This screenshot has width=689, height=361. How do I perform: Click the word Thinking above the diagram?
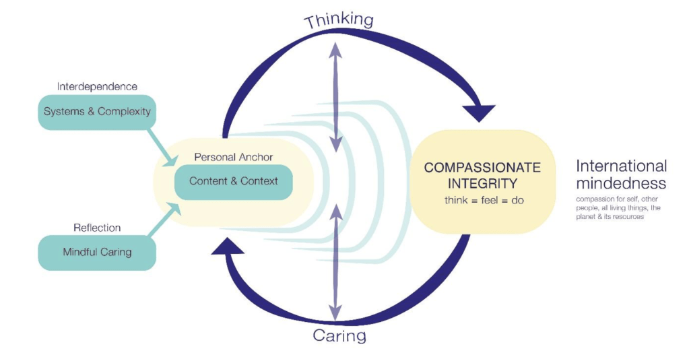[x=339, y=20]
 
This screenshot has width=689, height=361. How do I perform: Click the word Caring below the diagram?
[x=340, y=335]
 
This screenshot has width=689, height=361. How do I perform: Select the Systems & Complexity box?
[x=97, y=111]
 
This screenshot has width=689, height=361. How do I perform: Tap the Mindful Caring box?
[x=97, y=253]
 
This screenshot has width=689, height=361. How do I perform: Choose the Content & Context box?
[x=233, y=181]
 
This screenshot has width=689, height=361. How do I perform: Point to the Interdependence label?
[x=97, y=87]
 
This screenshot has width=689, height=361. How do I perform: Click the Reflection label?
[x=97, y=228]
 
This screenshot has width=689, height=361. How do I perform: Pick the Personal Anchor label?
[x=233, y=157]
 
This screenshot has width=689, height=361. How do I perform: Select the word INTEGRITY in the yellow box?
[x=482, y=183]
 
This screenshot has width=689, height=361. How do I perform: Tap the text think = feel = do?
[x=482, y=201]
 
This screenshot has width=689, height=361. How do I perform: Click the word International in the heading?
[x=621, y=166]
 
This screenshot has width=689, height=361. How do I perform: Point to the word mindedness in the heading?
[x=621, y=183]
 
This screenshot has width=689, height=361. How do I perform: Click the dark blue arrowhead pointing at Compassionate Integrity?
[x=479, y=112]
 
